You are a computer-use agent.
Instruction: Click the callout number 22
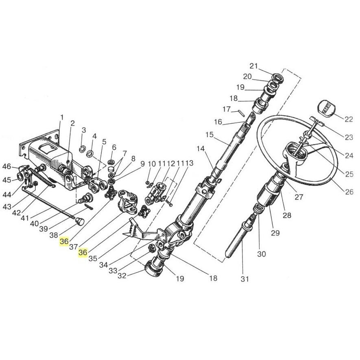tap(348, 119)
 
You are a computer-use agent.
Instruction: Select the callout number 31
tap(244, 279)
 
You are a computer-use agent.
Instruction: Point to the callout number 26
tap(349, 192)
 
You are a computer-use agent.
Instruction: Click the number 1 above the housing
tap(61, 118)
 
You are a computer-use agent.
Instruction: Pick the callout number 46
tap(7, 166)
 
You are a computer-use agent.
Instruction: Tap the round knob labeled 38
tap(80, 222)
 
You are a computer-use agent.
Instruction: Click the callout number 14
tap(201, 148)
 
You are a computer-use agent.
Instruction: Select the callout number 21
tap(254, 66)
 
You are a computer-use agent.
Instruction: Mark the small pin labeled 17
tap(240, 113)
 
